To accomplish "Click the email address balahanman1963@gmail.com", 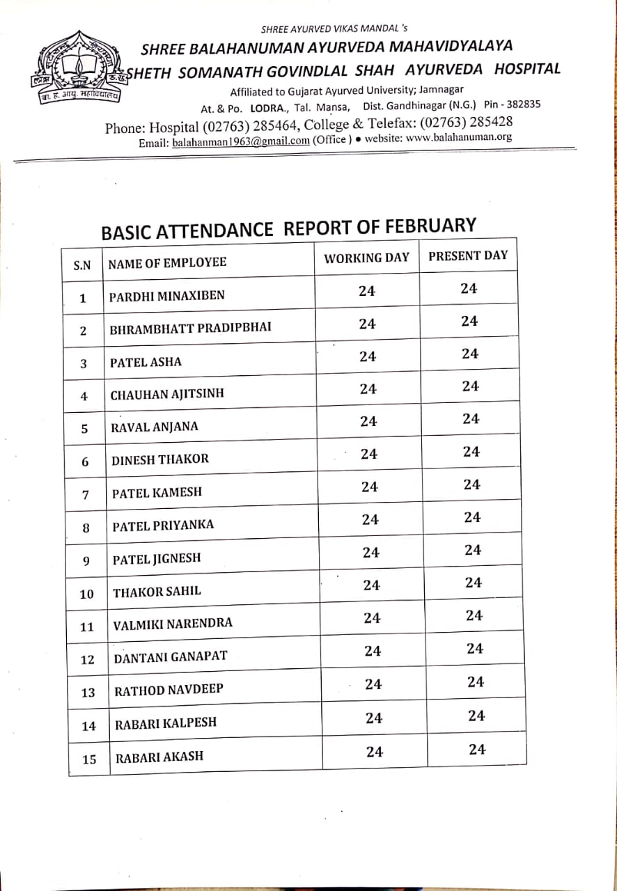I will click(240, 141).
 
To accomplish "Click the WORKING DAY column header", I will click(366, 258).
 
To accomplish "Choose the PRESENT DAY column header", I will click(468, 255).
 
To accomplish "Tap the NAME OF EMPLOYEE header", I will click(167, 262).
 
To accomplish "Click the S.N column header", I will click(82, 265).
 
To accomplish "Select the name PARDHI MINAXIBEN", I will click(167, 295).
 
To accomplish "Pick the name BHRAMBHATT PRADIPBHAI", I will click(190, 329).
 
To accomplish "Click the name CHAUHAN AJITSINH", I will click(167, 395).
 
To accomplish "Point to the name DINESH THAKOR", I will click(160, 459).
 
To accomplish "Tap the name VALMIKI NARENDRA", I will click(173, 624).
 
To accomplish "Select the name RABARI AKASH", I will click(159, 757).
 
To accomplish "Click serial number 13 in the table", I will click(88, 693).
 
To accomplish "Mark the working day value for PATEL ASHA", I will click(368, 356).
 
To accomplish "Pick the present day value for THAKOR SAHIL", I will click(474, 583).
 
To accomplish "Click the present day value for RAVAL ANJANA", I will click(471, 419).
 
